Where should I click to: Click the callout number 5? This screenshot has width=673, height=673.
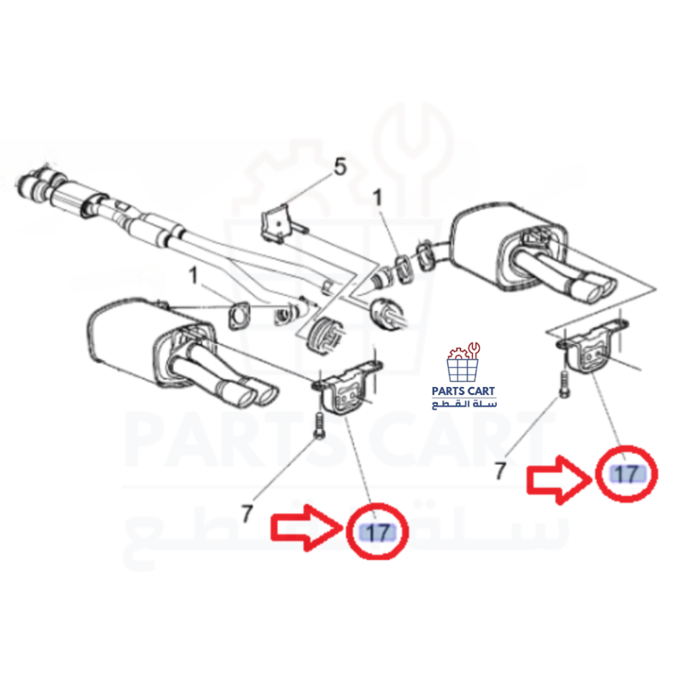click(x=340, y=166)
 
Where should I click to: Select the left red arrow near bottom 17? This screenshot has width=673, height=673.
click(x=306, y=528)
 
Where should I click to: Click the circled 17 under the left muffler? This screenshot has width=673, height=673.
click(x=378, y=532)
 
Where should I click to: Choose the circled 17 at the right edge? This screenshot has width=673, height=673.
click(x=627, y=474)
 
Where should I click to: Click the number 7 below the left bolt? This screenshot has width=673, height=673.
click(x=247, y=513)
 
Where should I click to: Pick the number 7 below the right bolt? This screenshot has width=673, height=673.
click(x=501, y=470)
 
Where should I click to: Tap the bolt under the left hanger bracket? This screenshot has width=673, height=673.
click(x=319, y=425)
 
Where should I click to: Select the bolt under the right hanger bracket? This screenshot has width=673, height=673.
click(x=565, y=384)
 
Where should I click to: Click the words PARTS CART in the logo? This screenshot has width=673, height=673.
click(x=463, y=391)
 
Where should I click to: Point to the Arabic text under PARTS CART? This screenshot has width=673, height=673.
click(x=464, y=404)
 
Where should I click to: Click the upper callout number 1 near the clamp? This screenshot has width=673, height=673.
click(x=377, y=198)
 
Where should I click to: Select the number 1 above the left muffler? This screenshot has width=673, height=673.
click(x=194, y=275)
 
